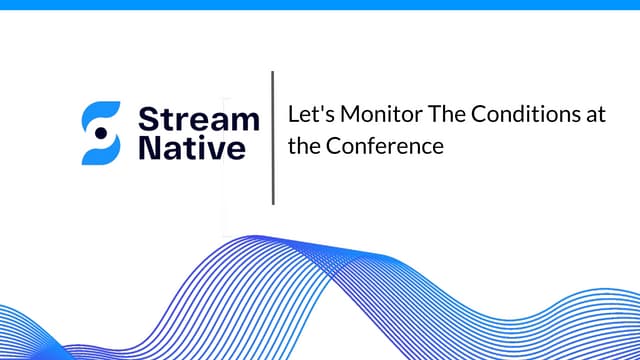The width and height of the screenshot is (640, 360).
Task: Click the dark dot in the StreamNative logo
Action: click(100, 133)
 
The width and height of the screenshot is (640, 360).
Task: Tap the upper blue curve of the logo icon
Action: click(103, 113)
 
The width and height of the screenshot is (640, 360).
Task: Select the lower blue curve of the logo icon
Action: click(98, 153)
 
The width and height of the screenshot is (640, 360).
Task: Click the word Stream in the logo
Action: click(198, 120)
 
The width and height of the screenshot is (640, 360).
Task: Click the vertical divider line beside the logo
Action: click(273, 138)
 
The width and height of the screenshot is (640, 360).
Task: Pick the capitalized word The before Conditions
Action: click(435, 114)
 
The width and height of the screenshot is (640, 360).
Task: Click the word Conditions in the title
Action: click(517, 114)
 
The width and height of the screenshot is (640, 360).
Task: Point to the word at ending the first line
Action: click(597, 114)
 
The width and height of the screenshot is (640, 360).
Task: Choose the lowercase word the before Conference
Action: click(302, 146)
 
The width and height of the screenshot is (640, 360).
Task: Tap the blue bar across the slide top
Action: click(320, 4)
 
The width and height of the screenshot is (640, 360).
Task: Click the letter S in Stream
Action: click(147, 120)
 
